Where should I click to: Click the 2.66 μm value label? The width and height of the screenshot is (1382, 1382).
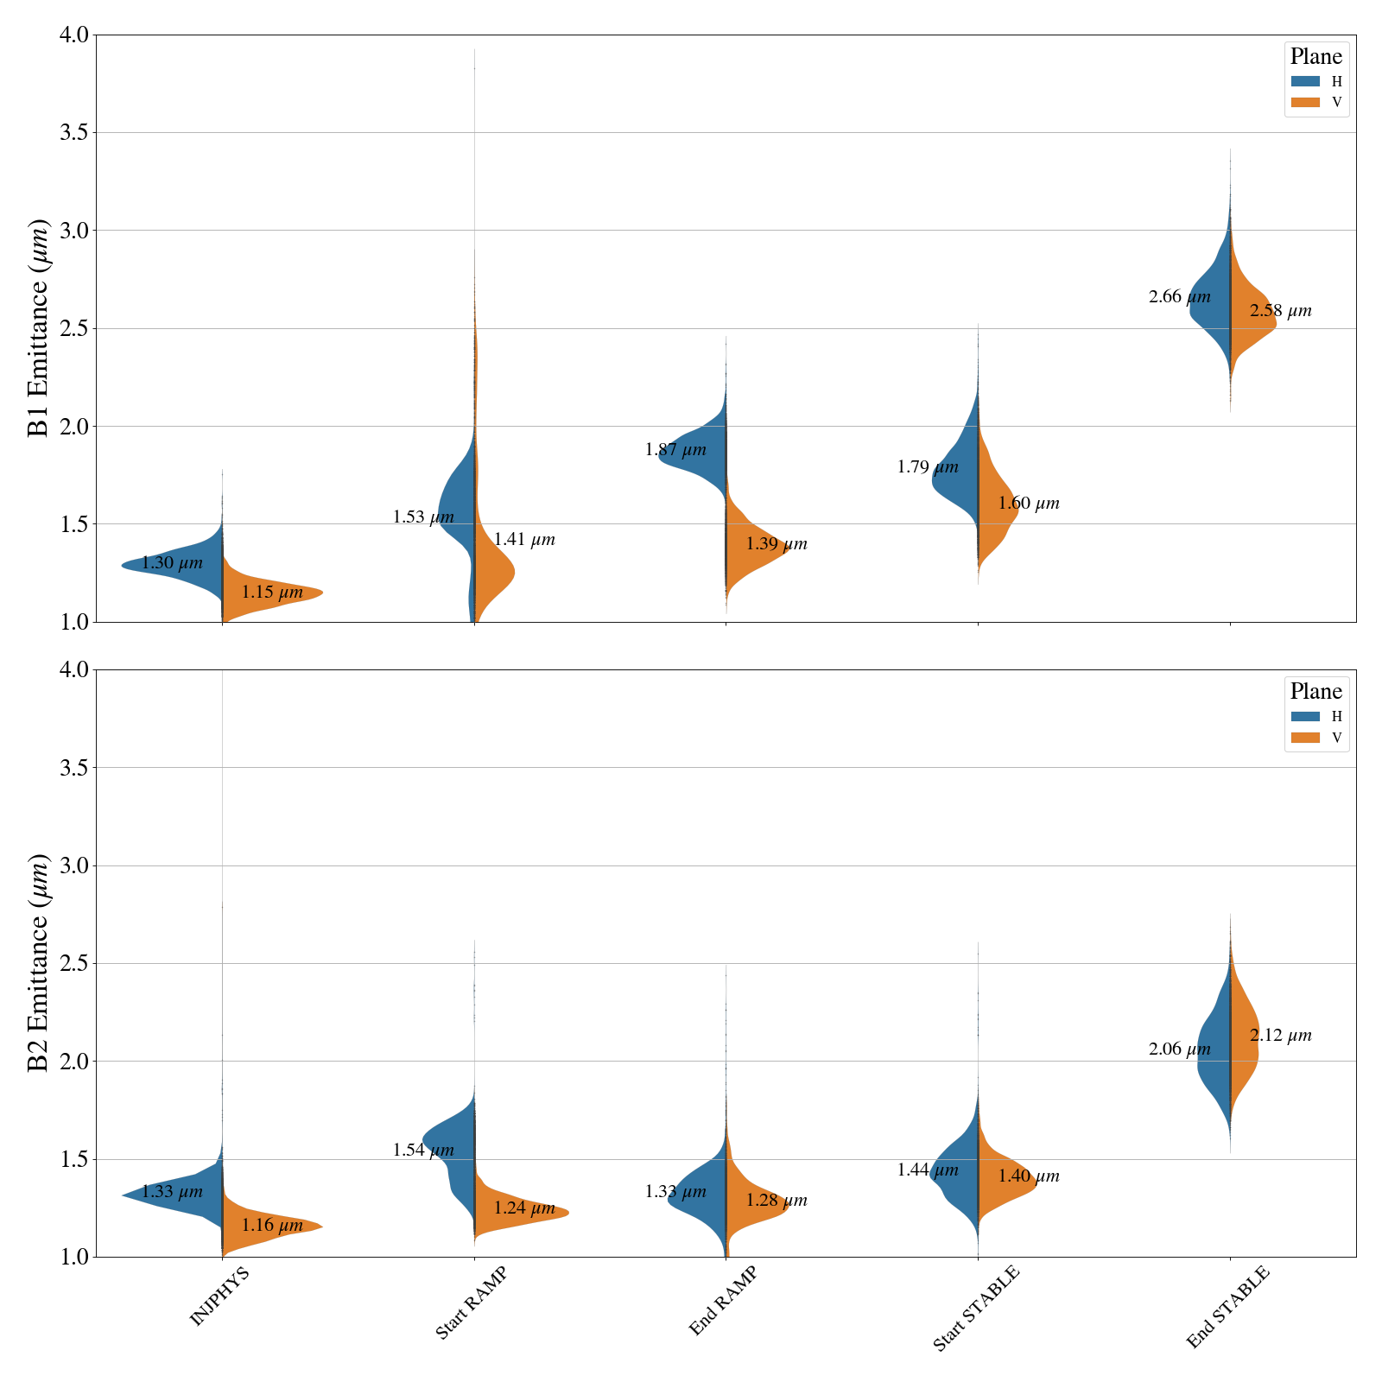tap(1179, 297)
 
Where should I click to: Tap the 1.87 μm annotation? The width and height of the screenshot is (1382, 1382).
tap(675, 450)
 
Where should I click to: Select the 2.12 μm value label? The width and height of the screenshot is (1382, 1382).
tap(1280, 1035)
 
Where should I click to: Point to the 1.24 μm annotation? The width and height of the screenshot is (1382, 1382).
tap(524, 1208)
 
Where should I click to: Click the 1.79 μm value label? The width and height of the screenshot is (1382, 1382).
tap(928, 467)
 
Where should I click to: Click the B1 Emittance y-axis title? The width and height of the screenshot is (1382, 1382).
tap(38, 328)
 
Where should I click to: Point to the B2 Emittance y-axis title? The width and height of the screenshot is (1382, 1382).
tap(38, 963)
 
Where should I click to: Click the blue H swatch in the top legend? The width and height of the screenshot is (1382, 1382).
tap(1305, 81)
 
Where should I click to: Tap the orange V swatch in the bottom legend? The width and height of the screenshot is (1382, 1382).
tap(1305, 738)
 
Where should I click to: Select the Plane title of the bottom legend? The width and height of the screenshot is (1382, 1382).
tap(1315, 691)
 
